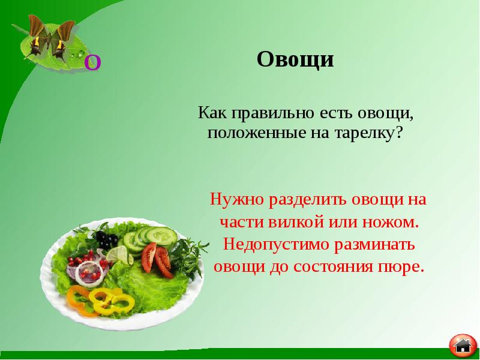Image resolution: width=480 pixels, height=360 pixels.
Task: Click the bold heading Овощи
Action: (295, 60)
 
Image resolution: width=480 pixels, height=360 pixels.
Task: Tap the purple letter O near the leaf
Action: (92, 62)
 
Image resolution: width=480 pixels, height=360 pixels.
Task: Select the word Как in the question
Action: (213, 112)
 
